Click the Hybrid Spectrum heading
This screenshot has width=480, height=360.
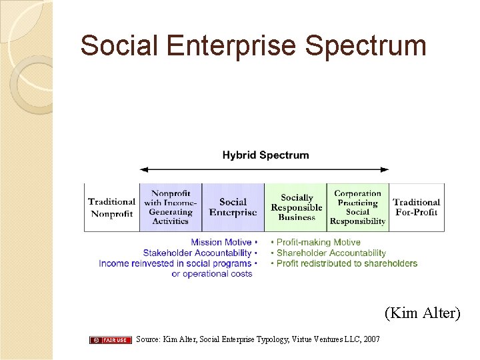(265, 155)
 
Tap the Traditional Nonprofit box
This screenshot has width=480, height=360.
(111, 207)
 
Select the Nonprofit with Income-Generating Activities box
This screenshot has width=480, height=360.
(171, 207)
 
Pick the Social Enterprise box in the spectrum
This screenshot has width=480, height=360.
(233, 207)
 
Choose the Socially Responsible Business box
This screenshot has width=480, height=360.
(296, 207)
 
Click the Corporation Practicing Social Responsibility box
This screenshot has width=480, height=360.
(357, 207)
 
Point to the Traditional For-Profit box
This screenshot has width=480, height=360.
(416, 207)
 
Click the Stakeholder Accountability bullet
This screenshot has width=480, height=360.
(197, 253)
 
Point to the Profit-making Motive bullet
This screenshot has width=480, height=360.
(318, 243)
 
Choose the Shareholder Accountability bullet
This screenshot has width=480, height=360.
(331, 253)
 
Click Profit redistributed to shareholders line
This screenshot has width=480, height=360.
(346, 264)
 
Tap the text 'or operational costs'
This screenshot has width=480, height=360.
(211, 274)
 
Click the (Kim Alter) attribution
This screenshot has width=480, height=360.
(422, 313)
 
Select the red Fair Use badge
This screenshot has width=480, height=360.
(111, 340)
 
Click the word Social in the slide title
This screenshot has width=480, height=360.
(119, 46)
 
